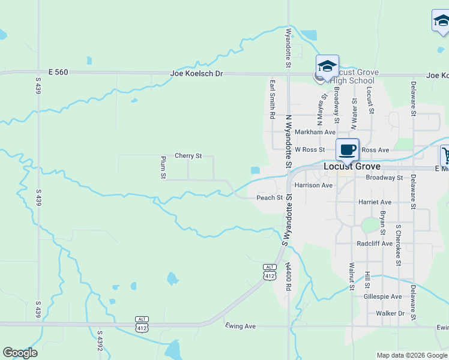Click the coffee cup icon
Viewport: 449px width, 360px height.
(x=347, y=149)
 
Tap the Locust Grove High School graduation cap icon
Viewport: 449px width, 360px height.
(x=327, y=66)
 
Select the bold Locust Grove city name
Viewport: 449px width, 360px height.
(x=352, y=166)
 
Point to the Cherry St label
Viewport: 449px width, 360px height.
(x=188, y=156)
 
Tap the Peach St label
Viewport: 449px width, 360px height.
(x=270, y=197)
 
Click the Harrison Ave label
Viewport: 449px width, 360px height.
(x=313, y=185)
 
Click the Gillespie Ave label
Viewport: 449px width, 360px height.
(x=382, y=297)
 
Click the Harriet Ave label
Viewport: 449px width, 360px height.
(x=375, y=202)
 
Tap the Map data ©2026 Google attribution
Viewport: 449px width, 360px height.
(x=411, y=355)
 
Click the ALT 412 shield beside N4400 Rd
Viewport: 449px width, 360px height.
(x=270, y=272)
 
